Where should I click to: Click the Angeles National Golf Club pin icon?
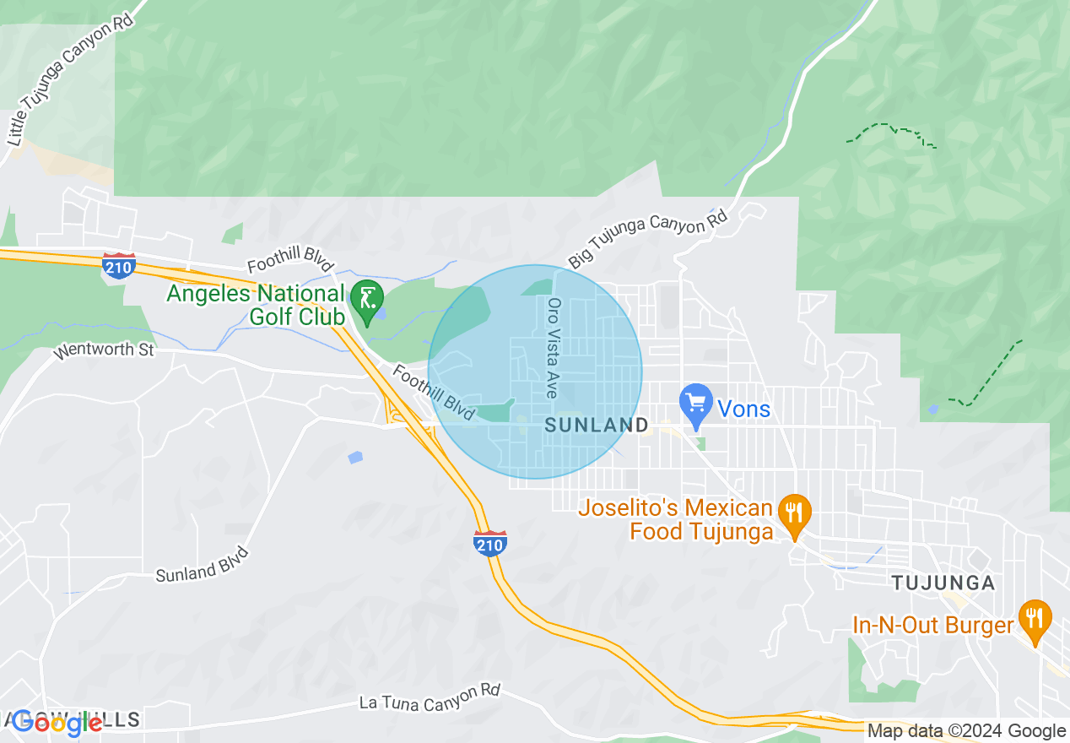pyautogui.click(x=367, y=301)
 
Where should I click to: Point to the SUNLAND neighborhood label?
pyautogui.click(x=596, y=426)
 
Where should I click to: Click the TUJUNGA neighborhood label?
pyautogui.click(x=943, y=583)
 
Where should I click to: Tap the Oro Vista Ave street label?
pyautogui.click(x=554, y=348)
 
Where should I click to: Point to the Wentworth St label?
pyautogui.click(x=104, y=350)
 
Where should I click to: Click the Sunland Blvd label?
pyautogui.click(x=202, y=565)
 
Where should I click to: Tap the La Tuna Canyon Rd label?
pyautogui.click(x=430, y=697)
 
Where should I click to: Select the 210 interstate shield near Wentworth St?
pyautogui.click(x=118, y=266)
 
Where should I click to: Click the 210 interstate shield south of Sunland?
pyautogui.click(x=489, y=543)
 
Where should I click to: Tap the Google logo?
pyautogui.click(x=57, y=723)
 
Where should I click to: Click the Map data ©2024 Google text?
pyautogui.click(x=967, y=731)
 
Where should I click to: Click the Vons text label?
pyautogui.click(x=743, y=409)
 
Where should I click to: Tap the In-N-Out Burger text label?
pyautogui.click(x=932, y=626)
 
